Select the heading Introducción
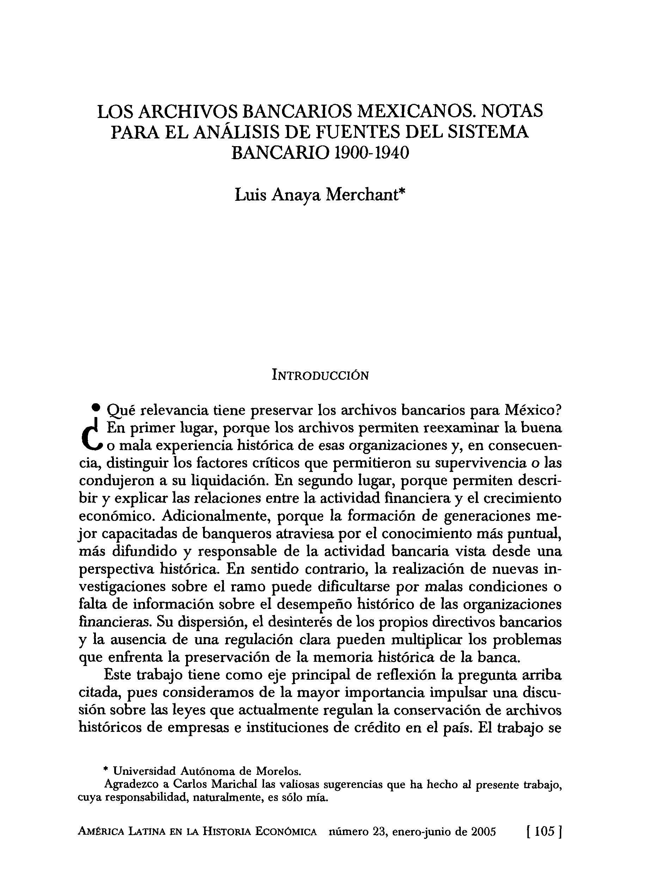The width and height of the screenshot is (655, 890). (x=320, y=375)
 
